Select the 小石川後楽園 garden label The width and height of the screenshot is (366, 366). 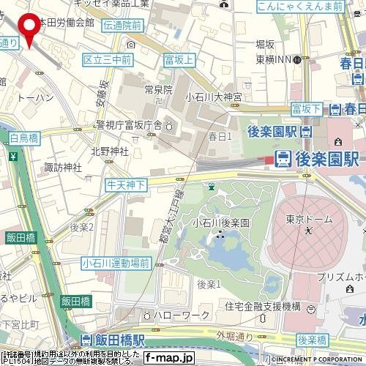(221, 223)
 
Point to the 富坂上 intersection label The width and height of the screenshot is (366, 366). (179, 59)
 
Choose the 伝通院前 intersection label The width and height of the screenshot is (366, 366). (122, 25)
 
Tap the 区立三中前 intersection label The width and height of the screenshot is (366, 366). (107, 59)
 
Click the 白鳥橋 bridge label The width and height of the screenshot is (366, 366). (24, 138)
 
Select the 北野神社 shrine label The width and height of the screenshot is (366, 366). (109, 152)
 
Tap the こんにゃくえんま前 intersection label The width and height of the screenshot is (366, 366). (300, 7)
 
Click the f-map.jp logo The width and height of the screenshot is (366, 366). (168, 359)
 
